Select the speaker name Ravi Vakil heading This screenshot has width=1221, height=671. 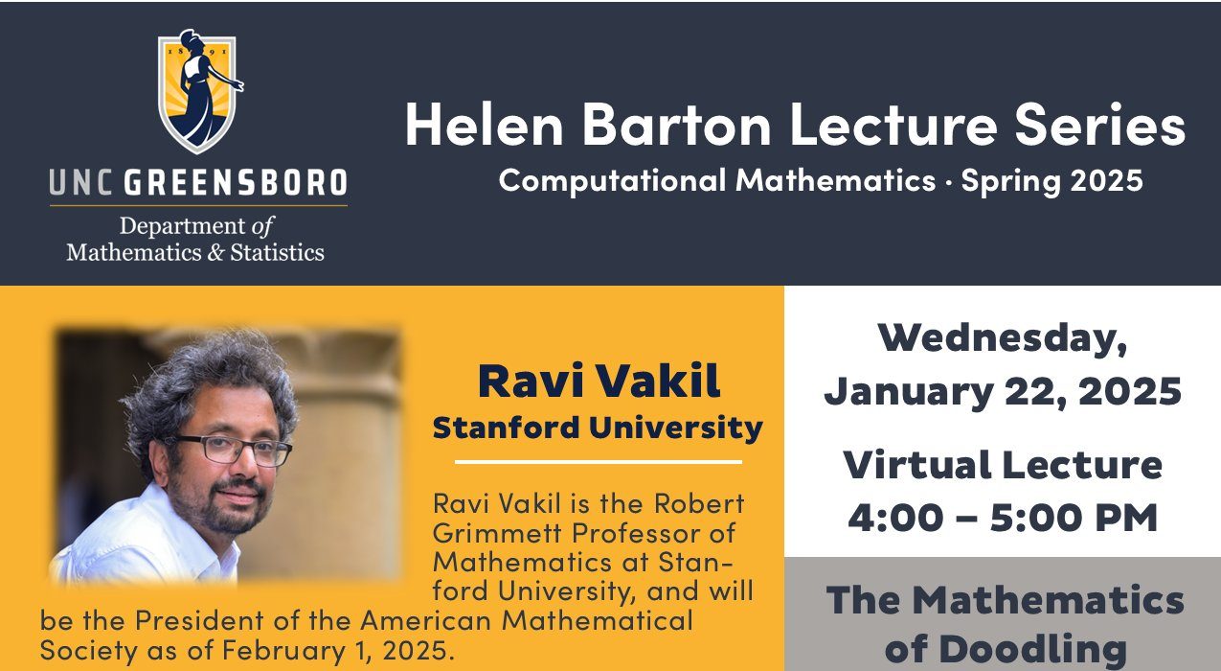tap(599, 382)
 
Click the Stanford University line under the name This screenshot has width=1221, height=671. tap(598, 428)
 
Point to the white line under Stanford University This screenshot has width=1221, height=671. tap(598, 462)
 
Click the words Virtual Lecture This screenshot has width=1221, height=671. tap(1003, 466)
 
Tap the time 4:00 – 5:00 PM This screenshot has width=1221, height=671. tap(1003, 518)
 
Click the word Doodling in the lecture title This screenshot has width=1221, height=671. tap(1005, 650)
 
